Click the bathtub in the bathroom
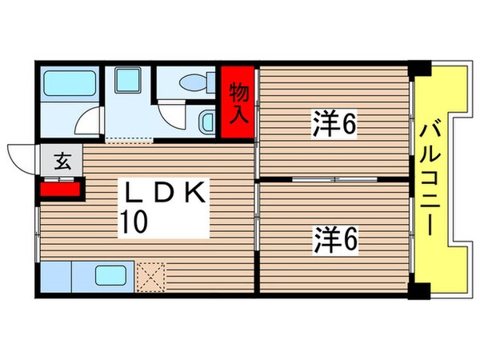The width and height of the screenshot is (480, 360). click(69, 84)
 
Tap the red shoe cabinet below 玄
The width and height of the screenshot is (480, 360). click(60, 190)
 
